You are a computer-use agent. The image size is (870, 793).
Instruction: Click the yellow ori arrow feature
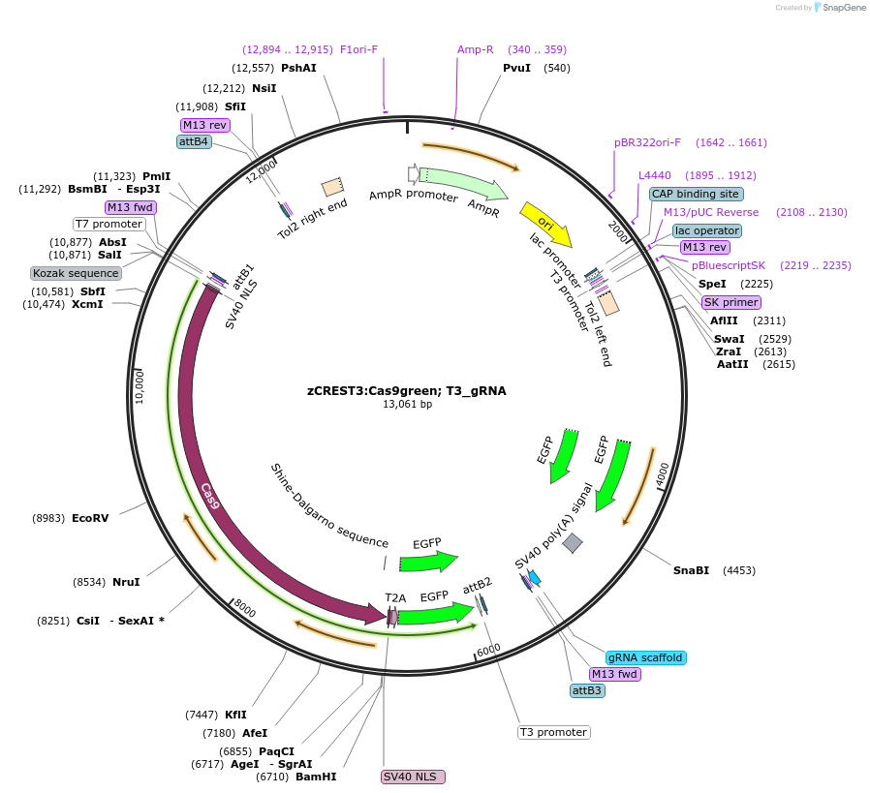point(544,223)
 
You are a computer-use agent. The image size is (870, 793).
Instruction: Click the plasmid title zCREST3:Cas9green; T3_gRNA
point(407,391)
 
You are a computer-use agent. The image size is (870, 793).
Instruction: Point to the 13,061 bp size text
point(407,405)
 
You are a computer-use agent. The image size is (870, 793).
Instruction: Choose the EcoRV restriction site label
point(90,518)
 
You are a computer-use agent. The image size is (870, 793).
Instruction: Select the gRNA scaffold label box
point(645,657)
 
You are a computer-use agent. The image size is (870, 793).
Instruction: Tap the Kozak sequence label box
point(76,273)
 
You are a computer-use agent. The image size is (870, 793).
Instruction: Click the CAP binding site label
point(696,194)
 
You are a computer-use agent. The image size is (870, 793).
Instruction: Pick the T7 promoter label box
point(109,224)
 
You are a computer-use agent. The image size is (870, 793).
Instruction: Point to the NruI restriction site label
point(126,582)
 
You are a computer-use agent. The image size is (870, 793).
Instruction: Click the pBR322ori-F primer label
point(647,142)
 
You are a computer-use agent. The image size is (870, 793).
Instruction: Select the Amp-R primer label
point(475,49)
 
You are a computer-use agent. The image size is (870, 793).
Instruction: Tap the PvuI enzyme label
point(517,68)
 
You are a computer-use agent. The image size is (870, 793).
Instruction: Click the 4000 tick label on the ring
point(663,474)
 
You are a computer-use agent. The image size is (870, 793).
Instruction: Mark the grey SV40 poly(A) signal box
point(573,543)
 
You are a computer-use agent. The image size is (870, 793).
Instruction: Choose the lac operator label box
point(707,230)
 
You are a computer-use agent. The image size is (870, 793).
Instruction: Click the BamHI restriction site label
point(316,777)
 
